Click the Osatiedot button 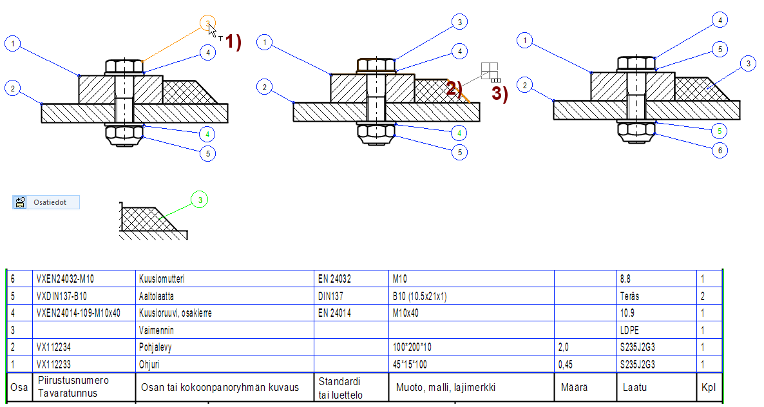46,202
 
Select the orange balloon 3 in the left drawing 208,24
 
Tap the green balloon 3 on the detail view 200,201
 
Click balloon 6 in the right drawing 720,151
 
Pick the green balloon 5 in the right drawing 720,131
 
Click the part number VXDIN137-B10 62,297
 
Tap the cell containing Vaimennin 157,330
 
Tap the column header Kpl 708,388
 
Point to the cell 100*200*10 413,347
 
